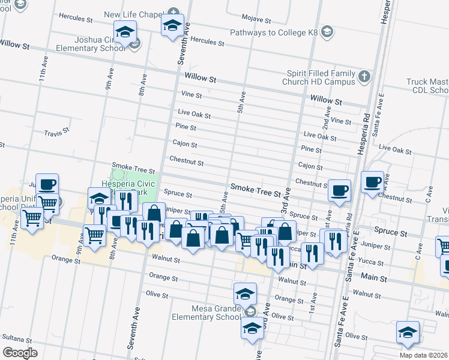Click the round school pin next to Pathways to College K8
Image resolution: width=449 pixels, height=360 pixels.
tap(327, 31)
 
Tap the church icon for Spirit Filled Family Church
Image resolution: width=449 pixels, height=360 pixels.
tap(364, 76)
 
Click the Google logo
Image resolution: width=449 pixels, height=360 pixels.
tap(20, 353)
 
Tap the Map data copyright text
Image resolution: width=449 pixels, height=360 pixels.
tap(424, 355)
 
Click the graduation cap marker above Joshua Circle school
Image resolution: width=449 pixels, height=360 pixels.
tap(125, 32)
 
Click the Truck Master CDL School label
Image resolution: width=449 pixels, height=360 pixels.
tap(427, 86)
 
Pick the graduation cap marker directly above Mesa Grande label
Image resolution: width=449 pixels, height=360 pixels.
tap(244, 294)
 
